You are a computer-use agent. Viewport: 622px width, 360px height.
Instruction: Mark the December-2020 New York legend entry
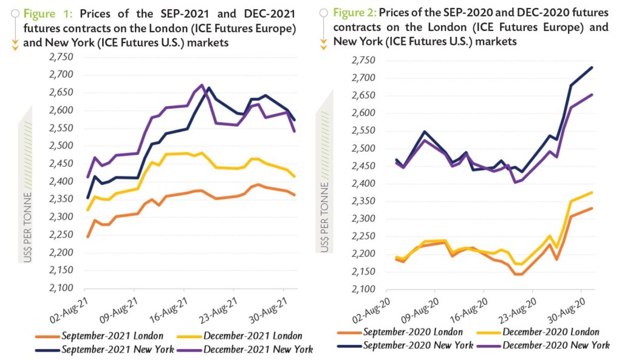550,345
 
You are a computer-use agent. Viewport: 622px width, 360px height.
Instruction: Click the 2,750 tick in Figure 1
60,57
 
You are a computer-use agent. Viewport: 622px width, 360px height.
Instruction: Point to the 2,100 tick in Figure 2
364,289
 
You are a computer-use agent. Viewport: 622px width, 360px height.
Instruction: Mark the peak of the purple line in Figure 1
202,85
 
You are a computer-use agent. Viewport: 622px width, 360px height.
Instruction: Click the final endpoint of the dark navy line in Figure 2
592,67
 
